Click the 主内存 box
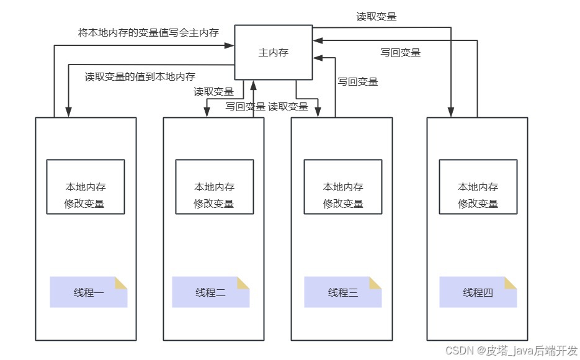pos(273,53)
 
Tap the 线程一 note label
pos(88,292)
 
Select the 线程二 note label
pos(210,292)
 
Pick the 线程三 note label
pos(343,292)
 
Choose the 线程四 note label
pos(478,292)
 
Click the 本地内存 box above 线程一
pos(86,187)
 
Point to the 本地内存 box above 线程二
pos(214,187)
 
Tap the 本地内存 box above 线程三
pos(343,187)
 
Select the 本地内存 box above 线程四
pos(478,187)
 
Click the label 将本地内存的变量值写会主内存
pos(148,32)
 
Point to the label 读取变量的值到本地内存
pos(140,77)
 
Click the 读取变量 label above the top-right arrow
pos(377,17)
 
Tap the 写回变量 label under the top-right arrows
pos(400,53)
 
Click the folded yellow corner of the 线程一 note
pos(121,282)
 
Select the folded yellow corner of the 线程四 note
pos(511,282)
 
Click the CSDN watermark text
pos(511,351)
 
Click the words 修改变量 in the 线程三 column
pos(343,204)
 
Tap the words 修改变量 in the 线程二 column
pos(214,204)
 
